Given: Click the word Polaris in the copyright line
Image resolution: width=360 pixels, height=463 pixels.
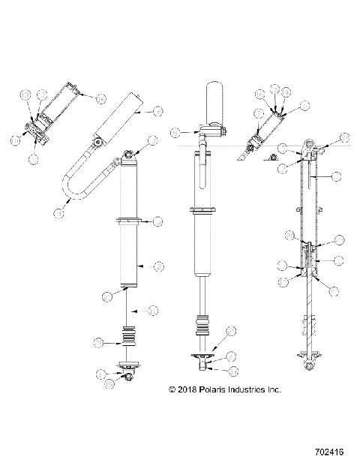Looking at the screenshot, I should point(206,389).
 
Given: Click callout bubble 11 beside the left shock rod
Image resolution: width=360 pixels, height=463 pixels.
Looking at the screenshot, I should point(151,309).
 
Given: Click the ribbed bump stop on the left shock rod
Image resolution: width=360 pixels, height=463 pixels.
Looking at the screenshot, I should point(128,335).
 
